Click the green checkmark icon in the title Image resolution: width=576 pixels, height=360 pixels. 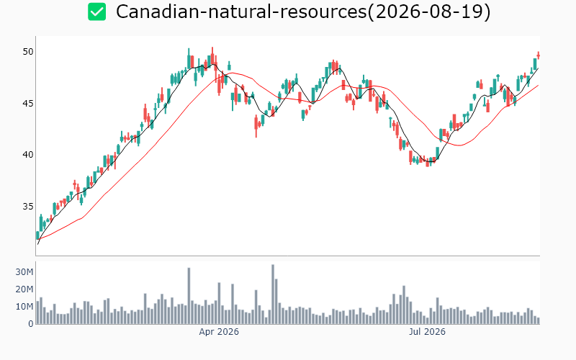click(x=97, y=12)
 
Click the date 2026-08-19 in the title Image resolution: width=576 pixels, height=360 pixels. click(x=428, y=12)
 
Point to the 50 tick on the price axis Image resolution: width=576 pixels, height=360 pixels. click(x=28, y=52)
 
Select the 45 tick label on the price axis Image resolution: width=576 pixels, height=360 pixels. click(x=28, y=103)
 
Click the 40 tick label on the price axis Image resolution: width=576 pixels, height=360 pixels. click(x=28, y=155)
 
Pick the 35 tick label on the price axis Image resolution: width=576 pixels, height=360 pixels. click(x=28, y=206)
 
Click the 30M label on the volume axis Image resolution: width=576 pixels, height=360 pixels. click(x=24, y=272)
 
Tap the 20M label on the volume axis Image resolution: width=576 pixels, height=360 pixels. click(x=24, y=289)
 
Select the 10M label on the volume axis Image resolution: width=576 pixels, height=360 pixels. click(x=24, y=307)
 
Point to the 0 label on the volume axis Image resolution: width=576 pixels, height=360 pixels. click(x=31, y=323)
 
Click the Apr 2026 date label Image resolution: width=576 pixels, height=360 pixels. click(x=219, y=332)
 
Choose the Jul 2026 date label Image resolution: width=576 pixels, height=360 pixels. click(x=427, y=332)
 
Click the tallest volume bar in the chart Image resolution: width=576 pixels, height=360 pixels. click(x=273, y=294)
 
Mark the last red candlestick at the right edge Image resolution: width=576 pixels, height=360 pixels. click(x=539, y=55)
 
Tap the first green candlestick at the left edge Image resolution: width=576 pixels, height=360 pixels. click(x=38, y=235)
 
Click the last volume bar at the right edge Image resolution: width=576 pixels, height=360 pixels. click(x=539, y=320)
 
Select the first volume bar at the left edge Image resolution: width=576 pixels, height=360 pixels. click(x=38, y=312)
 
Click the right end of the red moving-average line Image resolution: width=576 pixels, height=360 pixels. click(x=539, y=85)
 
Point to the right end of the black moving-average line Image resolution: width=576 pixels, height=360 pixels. click(x=539, y=68)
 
